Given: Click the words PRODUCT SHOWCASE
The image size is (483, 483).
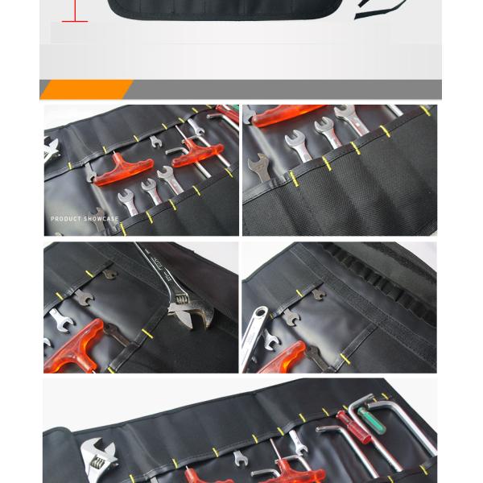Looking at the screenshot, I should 85,218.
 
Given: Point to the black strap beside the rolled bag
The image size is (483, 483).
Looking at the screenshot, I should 379,9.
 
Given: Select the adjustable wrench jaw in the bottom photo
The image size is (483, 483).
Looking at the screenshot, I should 96,456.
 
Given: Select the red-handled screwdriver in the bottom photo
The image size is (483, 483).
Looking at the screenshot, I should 347,422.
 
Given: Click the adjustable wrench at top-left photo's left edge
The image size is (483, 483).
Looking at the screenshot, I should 51,148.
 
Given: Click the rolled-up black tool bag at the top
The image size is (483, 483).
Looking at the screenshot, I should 233,9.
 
